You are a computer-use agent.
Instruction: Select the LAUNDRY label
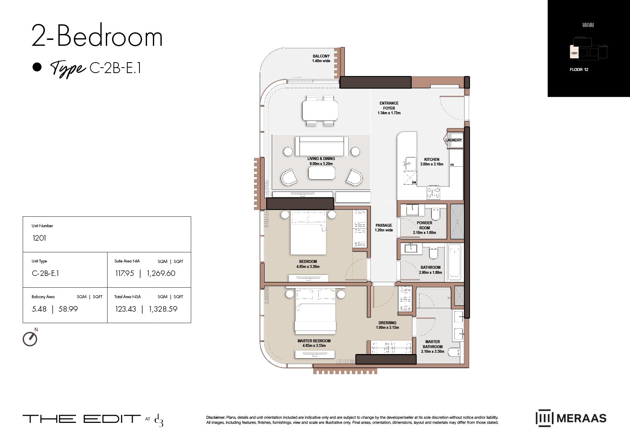[454, 140]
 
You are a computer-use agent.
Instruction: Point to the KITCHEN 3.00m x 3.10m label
[432, 162]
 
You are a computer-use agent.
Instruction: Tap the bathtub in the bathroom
[454, 262]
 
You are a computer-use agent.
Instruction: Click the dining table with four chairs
[320, 111]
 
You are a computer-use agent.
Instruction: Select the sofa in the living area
[321, 146]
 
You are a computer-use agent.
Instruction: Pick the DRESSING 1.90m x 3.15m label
[387, 325]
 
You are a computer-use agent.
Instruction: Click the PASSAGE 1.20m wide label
[384, 228]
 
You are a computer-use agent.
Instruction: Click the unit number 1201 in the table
[39, 238]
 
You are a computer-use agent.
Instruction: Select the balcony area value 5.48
[39, 309]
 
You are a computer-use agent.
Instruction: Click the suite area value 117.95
[125, 273]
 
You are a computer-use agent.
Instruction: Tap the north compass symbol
[30, 338]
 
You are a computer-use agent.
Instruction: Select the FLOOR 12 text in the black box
[579, 70]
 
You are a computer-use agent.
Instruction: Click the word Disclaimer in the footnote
[215, 417]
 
